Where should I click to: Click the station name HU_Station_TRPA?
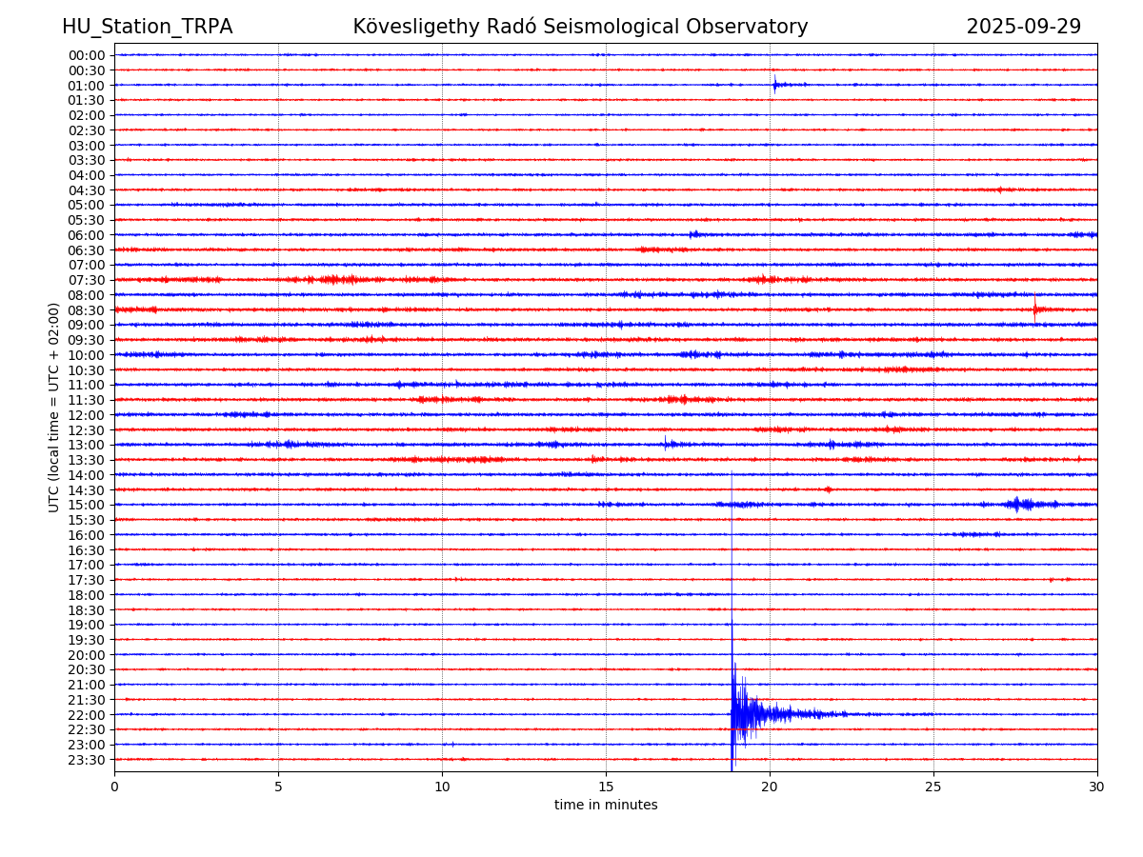(147, 27)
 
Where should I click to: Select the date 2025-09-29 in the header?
(1023, 27)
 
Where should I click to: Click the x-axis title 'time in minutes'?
(606, 805)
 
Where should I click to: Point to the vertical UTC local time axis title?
(54, 407)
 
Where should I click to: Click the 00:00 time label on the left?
(87, 55)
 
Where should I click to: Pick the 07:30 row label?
(87, 280)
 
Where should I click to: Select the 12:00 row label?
(87, 415)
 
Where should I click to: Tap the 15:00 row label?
(87, 505)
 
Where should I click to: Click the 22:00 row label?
(87, 714)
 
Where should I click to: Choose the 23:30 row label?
(87, 760)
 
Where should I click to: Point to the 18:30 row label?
(87, 609)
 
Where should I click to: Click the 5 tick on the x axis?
(278, 787)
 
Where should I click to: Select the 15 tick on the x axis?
(606, 787)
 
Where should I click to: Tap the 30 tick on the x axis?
(1097, 787)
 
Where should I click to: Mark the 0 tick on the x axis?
(114, 787)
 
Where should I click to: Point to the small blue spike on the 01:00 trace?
(775, 85)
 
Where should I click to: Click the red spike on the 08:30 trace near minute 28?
(1035, 309)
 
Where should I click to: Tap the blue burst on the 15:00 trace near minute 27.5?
(1017, 504)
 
